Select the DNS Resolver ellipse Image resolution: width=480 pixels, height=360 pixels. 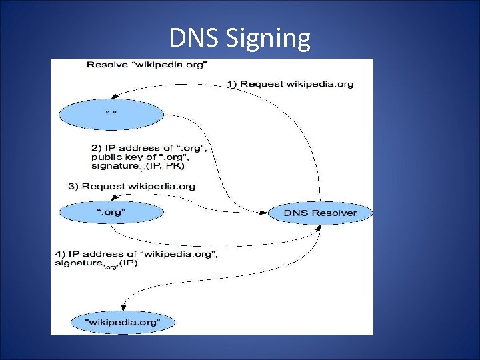coord(321,213)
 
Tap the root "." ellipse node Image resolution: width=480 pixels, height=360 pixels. coord(111,115)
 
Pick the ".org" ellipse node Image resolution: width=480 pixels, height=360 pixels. coord(111,213)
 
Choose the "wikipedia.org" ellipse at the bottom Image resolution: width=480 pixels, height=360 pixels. coord(122,323)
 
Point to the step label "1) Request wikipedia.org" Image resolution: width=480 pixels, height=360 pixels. coord(291,84)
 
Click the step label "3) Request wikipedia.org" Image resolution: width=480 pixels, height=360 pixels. coord(132,186)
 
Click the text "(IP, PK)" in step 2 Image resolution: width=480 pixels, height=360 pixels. coord(164,166)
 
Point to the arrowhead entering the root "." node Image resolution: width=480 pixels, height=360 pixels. coord(115,97)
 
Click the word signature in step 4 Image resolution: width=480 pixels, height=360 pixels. coord(79,263)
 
